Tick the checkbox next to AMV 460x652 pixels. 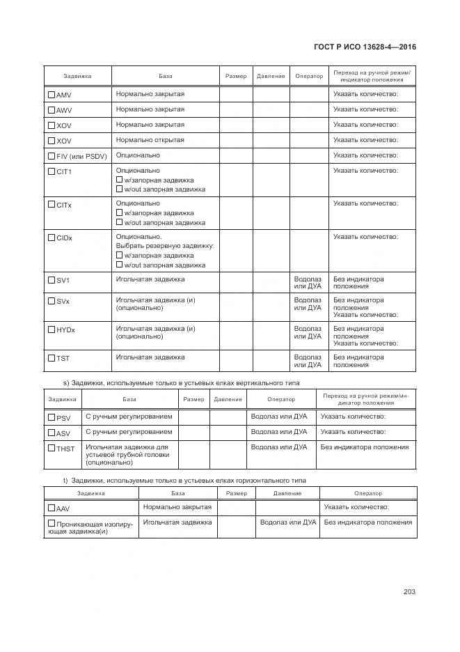[51, 94]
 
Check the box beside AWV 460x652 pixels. [51, 109]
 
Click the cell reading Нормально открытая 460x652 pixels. [150, 140]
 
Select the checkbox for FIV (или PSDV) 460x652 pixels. [51, 156]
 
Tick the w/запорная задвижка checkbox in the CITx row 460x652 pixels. [119, 213]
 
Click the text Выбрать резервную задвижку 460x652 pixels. [165, 246]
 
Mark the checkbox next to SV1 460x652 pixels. [51, 280]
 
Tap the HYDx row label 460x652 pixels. [65, 329]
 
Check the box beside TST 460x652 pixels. [51, 358]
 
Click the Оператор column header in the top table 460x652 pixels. [309, 76]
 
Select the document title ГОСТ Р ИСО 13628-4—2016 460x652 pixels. [365, 47]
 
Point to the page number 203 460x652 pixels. [409, 592]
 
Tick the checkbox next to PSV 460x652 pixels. [51, 417]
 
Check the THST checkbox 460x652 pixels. [51, 448]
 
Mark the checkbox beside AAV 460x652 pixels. [51, 508]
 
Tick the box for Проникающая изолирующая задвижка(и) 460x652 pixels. [51, 523]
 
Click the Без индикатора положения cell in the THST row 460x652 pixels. [364, 447]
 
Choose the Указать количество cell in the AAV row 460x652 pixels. [356, 507]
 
